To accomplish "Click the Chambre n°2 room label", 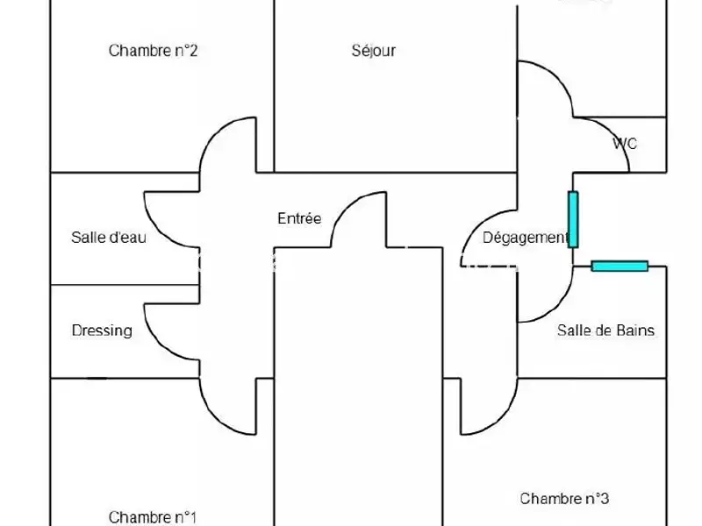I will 153,51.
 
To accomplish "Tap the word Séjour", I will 374,51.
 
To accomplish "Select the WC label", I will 625,144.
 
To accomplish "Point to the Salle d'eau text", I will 109,237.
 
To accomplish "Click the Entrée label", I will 299,219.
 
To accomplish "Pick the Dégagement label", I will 525,238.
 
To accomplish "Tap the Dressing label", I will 102,331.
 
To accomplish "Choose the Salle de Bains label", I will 605,331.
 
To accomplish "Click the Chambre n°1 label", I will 153,516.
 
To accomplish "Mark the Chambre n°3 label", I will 564,499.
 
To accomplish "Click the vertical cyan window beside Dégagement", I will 573,219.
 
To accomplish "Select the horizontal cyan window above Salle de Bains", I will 620,266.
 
